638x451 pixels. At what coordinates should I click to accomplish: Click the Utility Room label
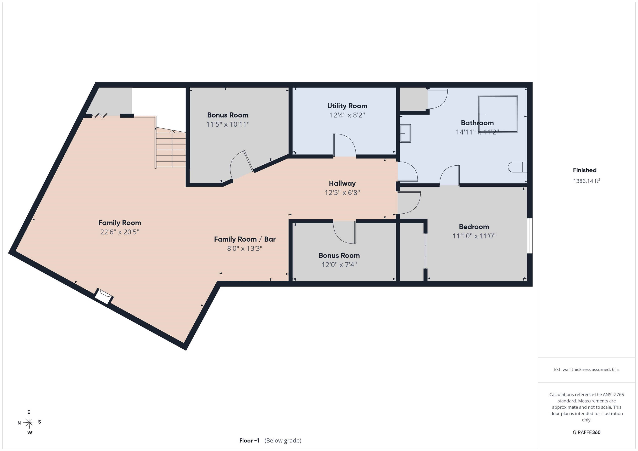[x=347, y=106]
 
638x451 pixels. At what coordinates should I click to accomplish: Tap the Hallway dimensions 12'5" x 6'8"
[x=342, y=192]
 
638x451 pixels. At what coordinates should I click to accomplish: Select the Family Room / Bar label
[x=244, y=239]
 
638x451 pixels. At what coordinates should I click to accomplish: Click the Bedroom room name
[x=474, y=227]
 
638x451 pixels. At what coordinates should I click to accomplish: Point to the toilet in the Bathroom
[x=517, y=167]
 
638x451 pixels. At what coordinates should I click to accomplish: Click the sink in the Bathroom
[x=405, y=134]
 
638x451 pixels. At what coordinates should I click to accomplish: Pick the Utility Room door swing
[x=345, y=145]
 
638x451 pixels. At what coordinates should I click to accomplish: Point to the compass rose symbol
[x=29, y=422]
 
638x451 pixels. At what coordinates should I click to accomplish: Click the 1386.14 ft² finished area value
[x=586, y=181]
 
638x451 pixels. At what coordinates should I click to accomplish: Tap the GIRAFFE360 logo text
[x=586, y=432]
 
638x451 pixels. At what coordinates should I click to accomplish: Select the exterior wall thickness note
[x=586, y=369]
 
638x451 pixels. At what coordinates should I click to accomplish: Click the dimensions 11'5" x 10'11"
[x=228, y=124]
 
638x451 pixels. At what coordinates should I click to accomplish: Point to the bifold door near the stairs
[x=100, y=116]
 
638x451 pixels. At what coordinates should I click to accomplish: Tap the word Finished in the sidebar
[x=585, y=170]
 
